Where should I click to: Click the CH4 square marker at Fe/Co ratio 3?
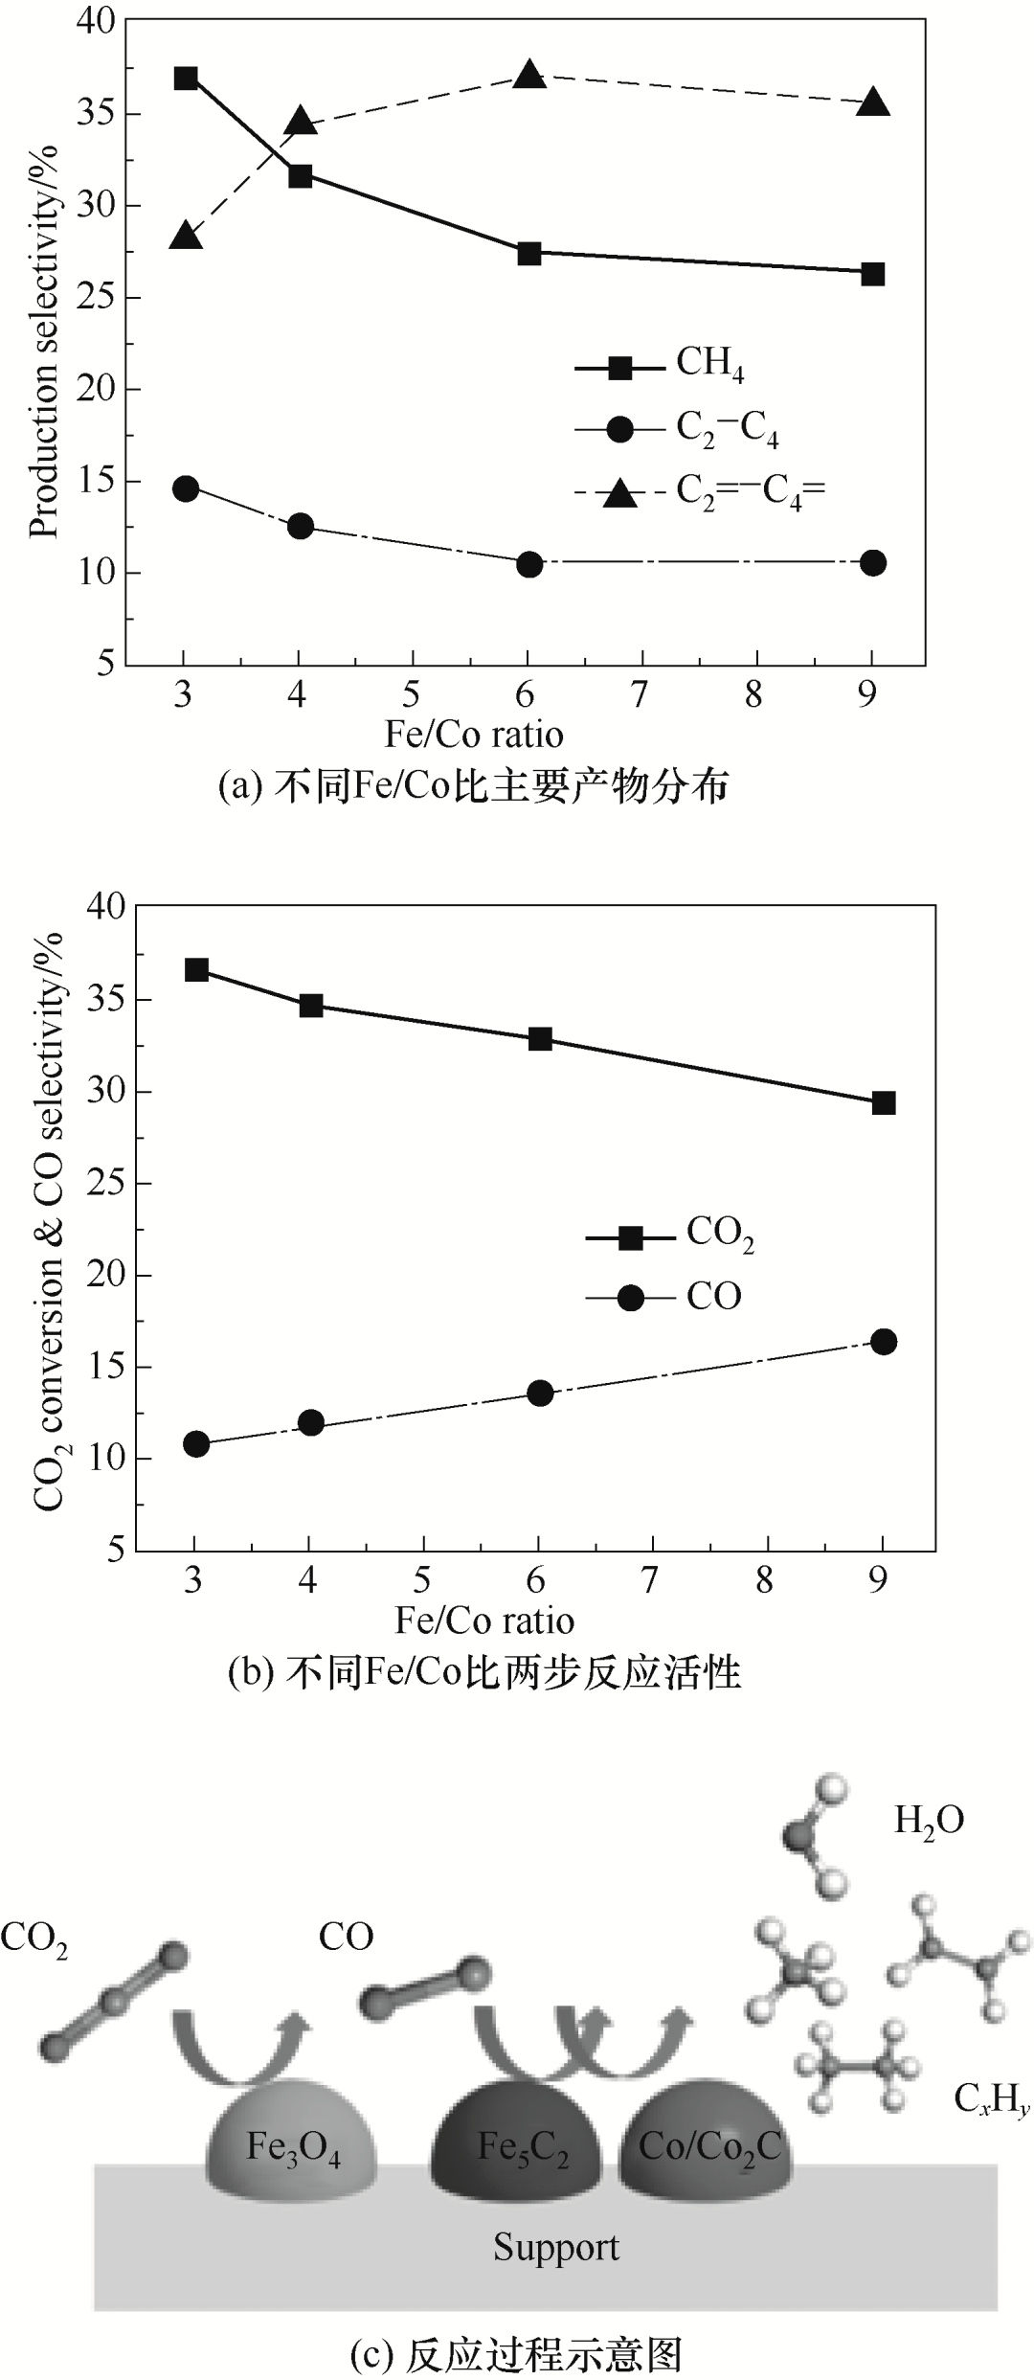(186, 79)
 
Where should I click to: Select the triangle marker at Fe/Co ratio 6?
(529, 76)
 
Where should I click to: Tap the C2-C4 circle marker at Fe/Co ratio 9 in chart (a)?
(872, 563)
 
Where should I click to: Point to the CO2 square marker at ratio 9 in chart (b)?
(884, 1103)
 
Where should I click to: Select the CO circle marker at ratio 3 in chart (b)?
(196, 1444)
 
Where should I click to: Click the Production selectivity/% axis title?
(43, 342)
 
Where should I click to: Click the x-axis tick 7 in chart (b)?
(652, 1580)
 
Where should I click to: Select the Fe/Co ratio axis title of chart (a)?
(474, 735)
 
